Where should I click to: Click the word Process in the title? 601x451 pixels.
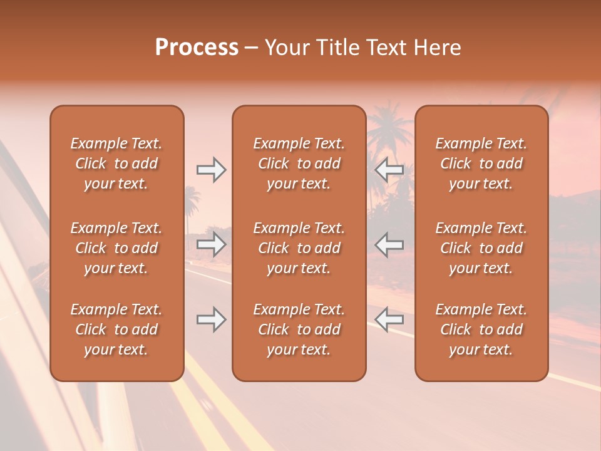click(197, 48)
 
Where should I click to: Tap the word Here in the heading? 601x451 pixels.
click(438, 48)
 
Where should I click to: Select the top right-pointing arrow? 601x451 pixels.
click(211, 170)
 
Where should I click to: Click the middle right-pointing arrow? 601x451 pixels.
click(211, 245)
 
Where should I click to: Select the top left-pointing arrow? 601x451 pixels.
click(389, 170)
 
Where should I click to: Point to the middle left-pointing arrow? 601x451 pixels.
click(389, 245)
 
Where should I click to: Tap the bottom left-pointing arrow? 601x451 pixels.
click(389, 319)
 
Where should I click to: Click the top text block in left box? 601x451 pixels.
click(116, 163)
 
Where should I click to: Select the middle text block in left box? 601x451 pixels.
click(116, 248)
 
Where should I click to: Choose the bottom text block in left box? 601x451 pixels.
click(116, 329)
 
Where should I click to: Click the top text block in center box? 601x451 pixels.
click(299, 163)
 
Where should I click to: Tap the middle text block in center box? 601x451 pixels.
click(299, 248)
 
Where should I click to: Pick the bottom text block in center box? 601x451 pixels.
click(299, 329)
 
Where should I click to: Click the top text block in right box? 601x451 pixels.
click(481, 163)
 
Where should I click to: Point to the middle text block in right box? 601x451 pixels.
click(481, 248)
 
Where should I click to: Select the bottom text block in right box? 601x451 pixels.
click(481, 329)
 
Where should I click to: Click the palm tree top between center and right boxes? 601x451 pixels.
click(389, 125)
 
